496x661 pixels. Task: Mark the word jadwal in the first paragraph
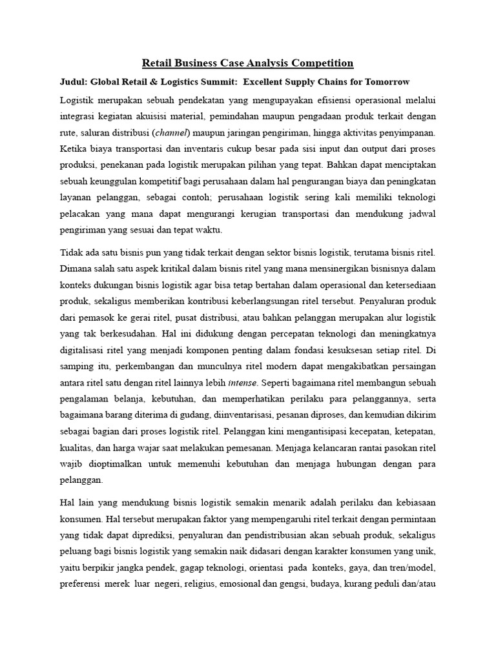pos(420,216)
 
